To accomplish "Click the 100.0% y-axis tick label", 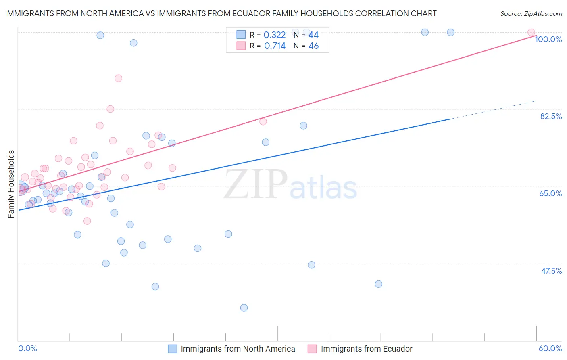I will coord(548,39).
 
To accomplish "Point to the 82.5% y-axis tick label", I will coord(551,116).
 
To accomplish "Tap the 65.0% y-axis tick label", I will coord(550,193).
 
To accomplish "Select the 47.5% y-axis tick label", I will coord(551,271).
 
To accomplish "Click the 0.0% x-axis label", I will coord(27,348).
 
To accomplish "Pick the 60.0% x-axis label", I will coord(550,348).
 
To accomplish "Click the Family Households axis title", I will coord(11,184).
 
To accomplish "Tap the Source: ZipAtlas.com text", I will coord(531,14).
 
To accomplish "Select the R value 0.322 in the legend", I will coord(274,35).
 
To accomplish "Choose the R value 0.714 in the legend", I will coord(275,46).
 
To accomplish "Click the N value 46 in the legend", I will coord(313,46).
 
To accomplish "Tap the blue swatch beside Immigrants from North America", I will coord(173,349).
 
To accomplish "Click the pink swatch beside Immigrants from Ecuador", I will coord(312,349).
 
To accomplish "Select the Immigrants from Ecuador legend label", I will coord(366,349).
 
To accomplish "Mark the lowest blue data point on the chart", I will coord(244,308).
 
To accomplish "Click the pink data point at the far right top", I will coord(531,32).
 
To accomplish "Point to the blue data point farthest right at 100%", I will coord(450,32).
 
